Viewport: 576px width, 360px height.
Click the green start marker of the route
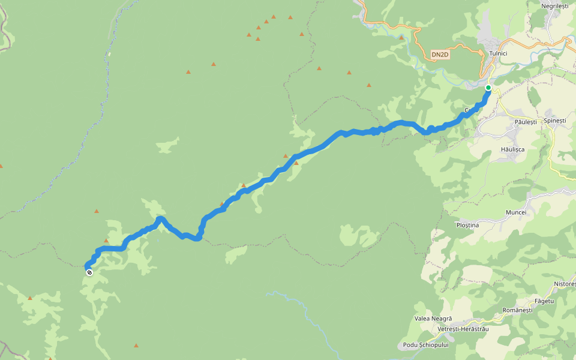(x=488, y=88)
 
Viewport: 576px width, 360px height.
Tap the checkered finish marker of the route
(x=89, y=272)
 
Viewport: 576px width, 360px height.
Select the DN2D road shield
(x=440, y=55)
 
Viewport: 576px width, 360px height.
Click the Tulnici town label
(x=498, y=53)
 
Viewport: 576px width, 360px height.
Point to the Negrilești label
(x=554, y=5)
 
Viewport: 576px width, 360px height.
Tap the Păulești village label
(x=525, y=122)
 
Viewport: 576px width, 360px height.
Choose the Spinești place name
(x=554, y=121)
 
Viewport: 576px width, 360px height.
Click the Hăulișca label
(x=512, y=149)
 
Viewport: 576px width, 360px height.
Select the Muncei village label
(x=515, y=212)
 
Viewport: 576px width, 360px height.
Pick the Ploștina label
(x=467, y=225)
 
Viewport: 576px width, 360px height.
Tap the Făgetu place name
(x=544, y=300)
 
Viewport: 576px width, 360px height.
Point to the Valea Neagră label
(x=433, y=318)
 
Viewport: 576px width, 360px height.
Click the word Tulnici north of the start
(x=498, y=53)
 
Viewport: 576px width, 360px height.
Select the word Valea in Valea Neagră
(x=423, y=318)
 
